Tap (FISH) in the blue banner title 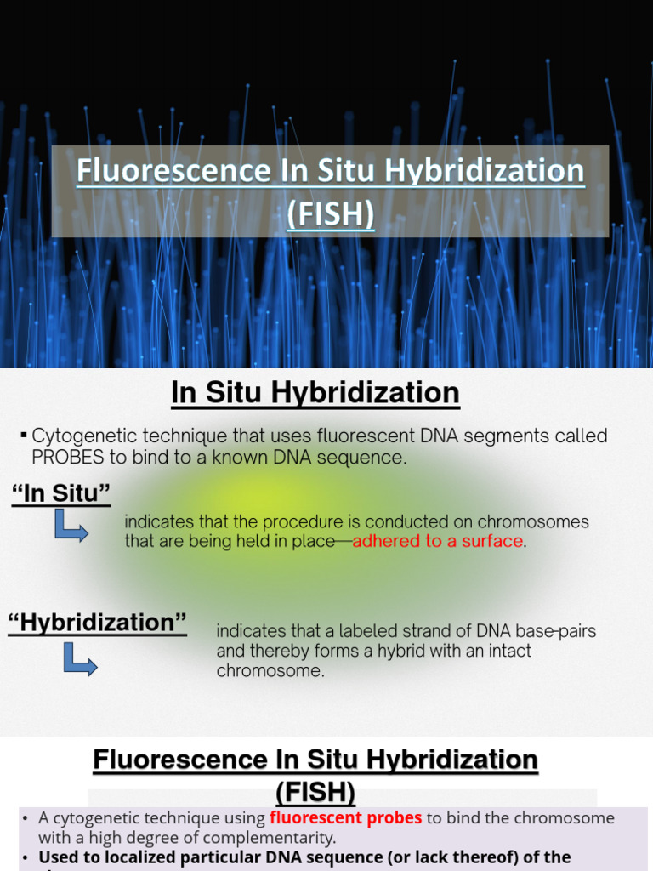coord(331,213)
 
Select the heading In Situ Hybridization coord(315,393)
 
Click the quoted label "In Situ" coord(60,494)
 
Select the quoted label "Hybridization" coord(97,623)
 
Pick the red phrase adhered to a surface coord(437,542)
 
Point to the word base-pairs coord(556,631)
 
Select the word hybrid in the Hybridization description coord(367,651)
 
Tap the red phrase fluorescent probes coord(345,817)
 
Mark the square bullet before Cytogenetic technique coord(23,436)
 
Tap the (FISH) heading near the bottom coord(315,792)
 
